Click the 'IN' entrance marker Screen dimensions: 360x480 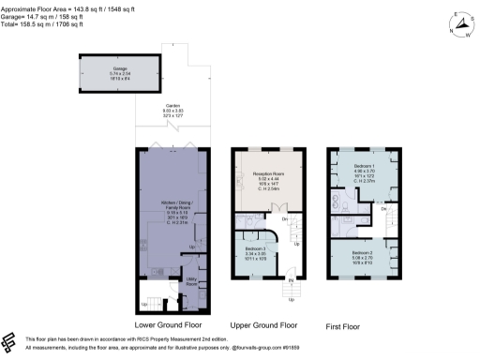pos(291,280)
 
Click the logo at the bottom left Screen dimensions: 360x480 pos(12,340)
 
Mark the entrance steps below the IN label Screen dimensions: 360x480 pos(291,291)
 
